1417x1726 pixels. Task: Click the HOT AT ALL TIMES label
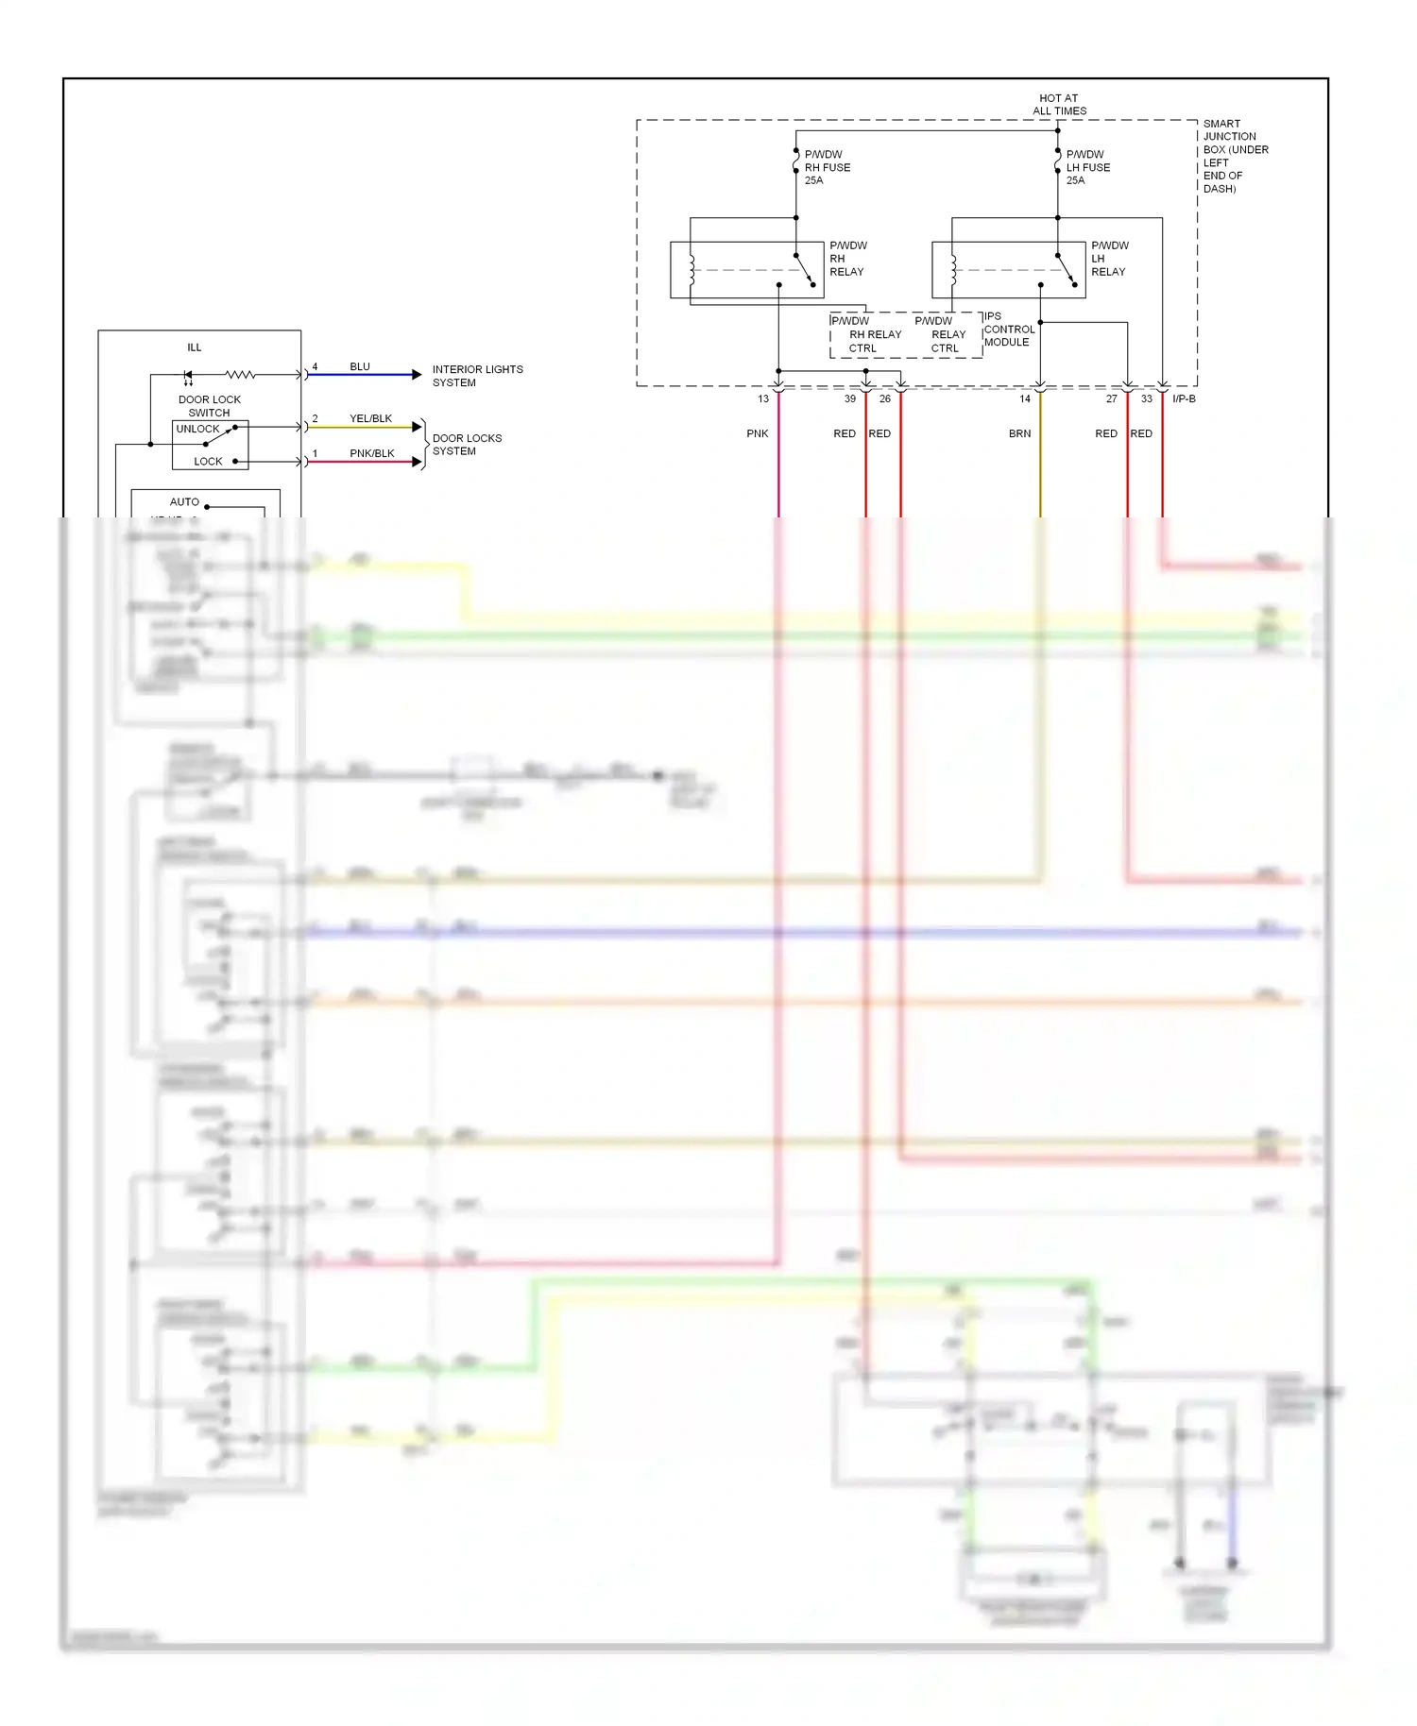coord(1058,104)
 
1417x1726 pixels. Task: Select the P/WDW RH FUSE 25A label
coord(827,167)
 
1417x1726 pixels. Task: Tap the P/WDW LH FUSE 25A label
coord(1087,167)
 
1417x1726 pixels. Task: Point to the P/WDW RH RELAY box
coord(746,270)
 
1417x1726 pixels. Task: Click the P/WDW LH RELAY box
coord(1008,270)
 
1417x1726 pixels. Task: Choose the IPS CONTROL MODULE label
coord(1008,330)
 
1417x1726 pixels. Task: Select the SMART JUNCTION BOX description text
coord(1235,156)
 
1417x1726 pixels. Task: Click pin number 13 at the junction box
coord(763,399)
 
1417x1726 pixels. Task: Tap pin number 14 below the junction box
coord(1025,399)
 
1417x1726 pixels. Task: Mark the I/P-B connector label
coord(1184,399)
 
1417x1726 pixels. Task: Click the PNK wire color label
coord(758,434)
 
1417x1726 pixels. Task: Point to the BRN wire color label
coord(1019,434)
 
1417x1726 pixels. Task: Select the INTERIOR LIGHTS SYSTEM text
coord(476,376)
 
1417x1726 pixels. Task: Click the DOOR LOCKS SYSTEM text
coord(467,445)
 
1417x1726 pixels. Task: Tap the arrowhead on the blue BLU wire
coord(417,375)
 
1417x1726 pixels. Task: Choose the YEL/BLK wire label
coord(370,418)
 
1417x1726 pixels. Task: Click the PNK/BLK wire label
coord(371,453)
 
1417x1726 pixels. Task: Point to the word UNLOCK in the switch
coord(197,429)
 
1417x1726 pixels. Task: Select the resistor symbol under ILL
coord(240,375)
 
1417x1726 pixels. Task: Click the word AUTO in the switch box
coord(184,502)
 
